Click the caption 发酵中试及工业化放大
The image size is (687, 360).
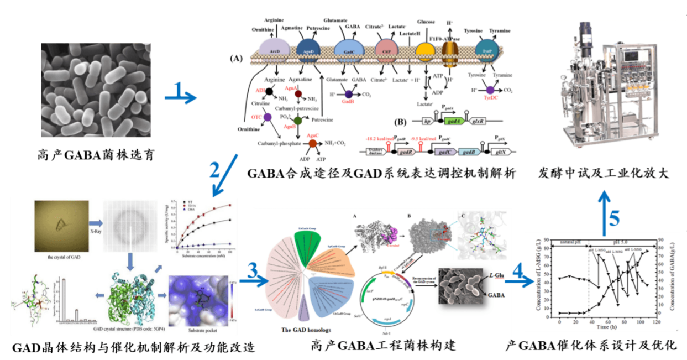[x=604, y=172]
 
